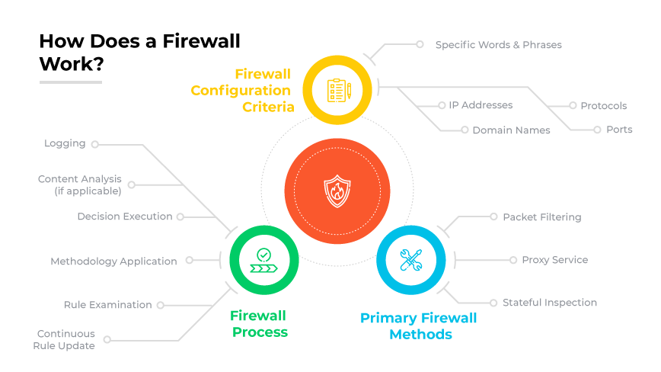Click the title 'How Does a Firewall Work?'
[139, 53]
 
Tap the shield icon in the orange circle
[337, 191]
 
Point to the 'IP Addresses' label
[481, 105]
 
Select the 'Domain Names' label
[511, 130]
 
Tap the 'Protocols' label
[603, 106]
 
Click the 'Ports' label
[619, 130]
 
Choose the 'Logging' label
[65, 143]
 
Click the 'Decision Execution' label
[125, 216]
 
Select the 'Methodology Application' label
[113, 261]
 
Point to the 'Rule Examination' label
[107, 305]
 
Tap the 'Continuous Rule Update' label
[65, 340]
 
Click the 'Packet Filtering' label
[541, 217]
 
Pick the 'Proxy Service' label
[554, 260]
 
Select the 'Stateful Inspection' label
[549, 303]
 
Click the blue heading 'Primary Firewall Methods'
[418, 326]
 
